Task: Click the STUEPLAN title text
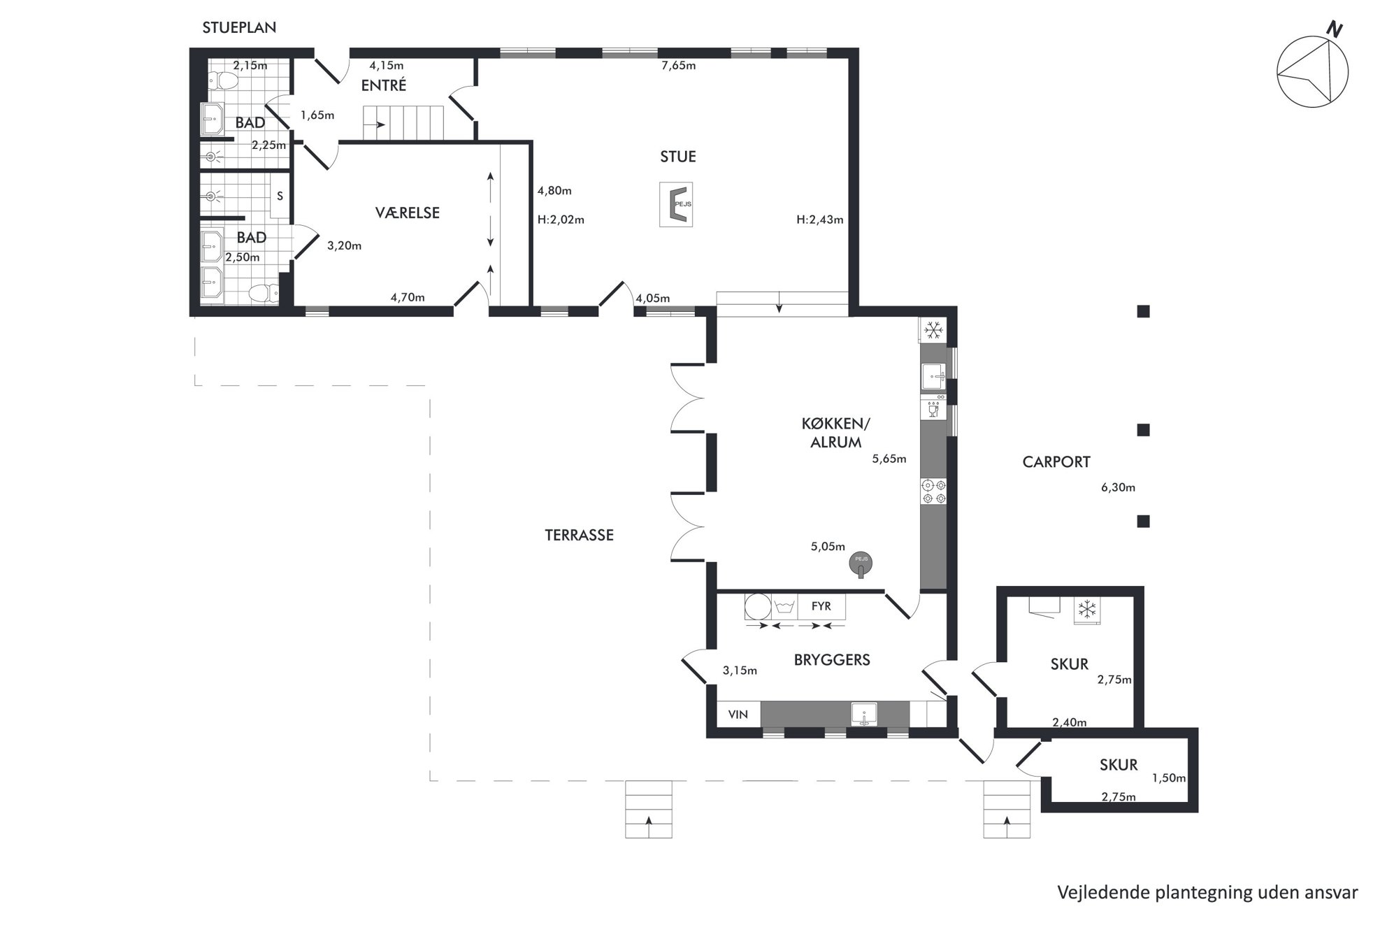click(239, 28)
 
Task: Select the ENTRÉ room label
click(384, 85)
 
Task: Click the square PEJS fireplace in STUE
click(676, 204)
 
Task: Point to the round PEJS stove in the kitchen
click(861, 563)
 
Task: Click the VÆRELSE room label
click(408, 213)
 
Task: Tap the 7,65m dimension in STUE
click(679, 66)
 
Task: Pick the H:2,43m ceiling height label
click(819, 220)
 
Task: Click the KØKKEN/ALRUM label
click(836, 433)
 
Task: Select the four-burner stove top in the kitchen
click(933, 491)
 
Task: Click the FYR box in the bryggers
click(821, 606)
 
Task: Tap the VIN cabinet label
click(738, 714)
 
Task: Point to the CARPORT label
click(1056, 461)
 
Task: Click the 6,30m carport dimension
click(1118, 487)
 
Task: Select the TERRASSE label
click(579, 535)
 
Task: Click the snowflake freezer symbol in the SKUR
click(1087, 610)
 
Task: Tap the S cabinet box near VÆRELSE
click(280, 196)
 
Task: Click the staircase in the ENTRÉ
click(403, 124)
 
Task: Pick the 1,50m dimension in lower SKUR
click(1169, 777)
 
